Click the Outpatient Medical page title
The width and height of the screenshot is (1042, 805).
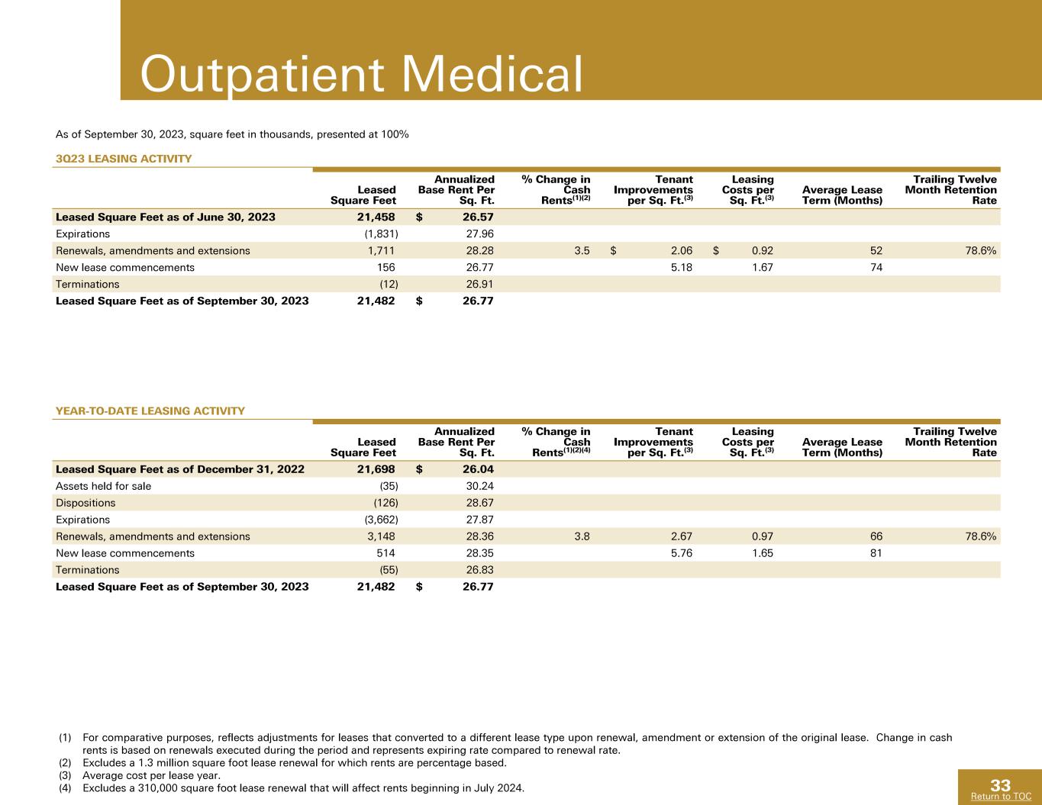coord(361,75)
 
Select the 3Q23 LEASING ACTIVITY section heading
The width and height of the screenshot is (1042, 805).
coord(124,159)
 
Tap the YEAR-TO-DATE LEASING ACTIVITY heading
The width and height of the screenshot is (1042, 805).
coord(150,411)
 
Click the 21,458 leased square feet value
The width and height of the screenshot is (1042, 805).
coord(376,217)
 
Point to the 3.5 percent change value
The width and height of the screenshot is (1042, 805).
coord(582,250)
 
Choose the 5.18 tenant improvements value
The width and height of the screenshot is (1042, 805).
coord(682,267)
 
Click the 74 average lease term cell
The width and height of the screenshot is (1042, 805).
coord(876,267)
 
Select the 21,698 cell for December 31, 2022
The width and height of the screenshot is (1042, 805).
coord(376,469)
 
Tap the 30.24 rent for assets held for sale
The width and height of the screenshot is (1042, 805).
coord(479,486)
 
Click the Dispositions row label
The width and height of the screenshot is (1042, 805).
coord(85,503)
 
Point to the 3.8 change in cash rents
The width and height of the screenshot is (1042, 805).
coord(582,536)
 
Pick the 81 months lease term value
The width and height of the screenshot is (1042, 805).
coord(876,553)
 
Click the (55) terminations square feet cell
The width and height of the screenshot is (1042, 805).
coord(389,570)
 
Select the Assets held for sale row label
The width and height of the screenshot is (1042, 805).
coord(103,486)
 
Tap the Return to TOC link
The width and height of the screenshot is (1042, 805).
coord(1001,797)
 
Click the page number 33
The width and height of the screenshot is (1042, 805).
coord(1000,785)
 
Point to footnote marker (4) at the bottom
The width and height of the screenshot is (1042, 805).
coord(65,788)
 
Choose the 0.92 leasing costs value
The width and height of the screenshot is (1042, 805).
coord(762,250)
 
